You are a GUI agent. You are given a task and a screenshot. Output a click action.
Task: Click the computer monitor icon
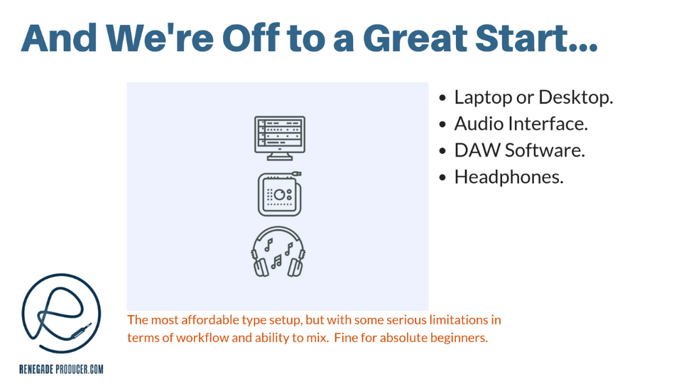click(x=280, y=138)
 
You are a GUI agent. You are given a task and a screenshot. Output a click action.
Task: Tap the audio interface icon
click(x=280, y=194)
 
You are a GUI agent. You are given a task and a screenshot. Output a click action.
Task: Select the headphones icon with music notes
click(x=278, y=252)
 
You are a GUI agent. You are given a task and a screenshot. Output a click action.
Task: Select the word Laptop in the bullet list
click(x=483, y=98)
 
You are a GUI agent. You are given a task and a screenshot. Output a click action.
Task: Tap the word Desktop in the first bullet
click(x=576, y=97)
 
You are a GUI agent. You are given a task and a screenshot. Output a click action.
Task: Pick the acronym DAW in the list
click(x=477, y=150)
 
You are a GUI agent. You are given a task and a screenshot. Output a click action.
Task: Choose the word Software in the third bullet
click(x=545, y=150)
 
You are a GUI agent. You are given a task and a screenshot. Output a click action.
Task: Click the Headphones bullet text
click(x=509, y=177)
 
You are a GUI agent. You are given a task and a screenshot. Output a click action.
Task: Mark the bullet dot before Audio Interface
click(x=442, y=125)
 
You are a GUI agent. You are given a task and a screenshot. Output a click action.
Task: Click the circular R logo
click(x=61, y=313)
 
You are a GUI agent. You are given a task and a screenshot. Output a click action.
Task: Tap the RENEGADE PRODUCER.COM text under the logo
click(x=61, y=369)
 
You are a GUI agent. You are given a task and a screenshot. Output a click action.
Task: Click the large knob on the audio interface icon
click(x=280, y=194)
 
